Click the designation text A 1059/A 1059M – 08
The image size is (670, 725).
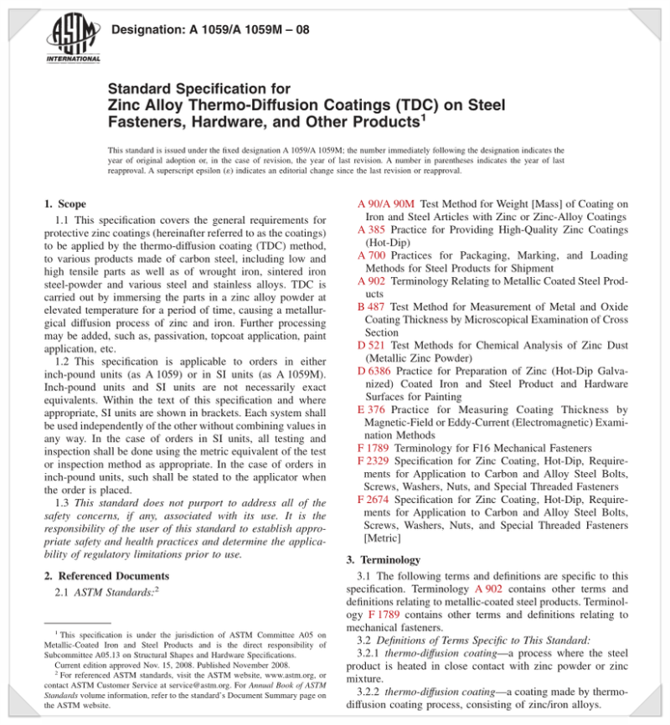(x=210, y=30)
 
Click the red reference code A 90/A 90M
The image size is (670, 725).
(x=386, y=203)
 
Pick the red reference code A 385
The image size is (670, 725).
(x=371, y=229)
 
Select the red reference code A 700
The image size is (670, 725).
(x=371, y=255)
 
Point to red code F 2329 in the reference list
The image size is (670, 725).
(x=374, y=460)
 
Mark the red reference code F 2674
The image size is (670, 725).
(x=374, y=500)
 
